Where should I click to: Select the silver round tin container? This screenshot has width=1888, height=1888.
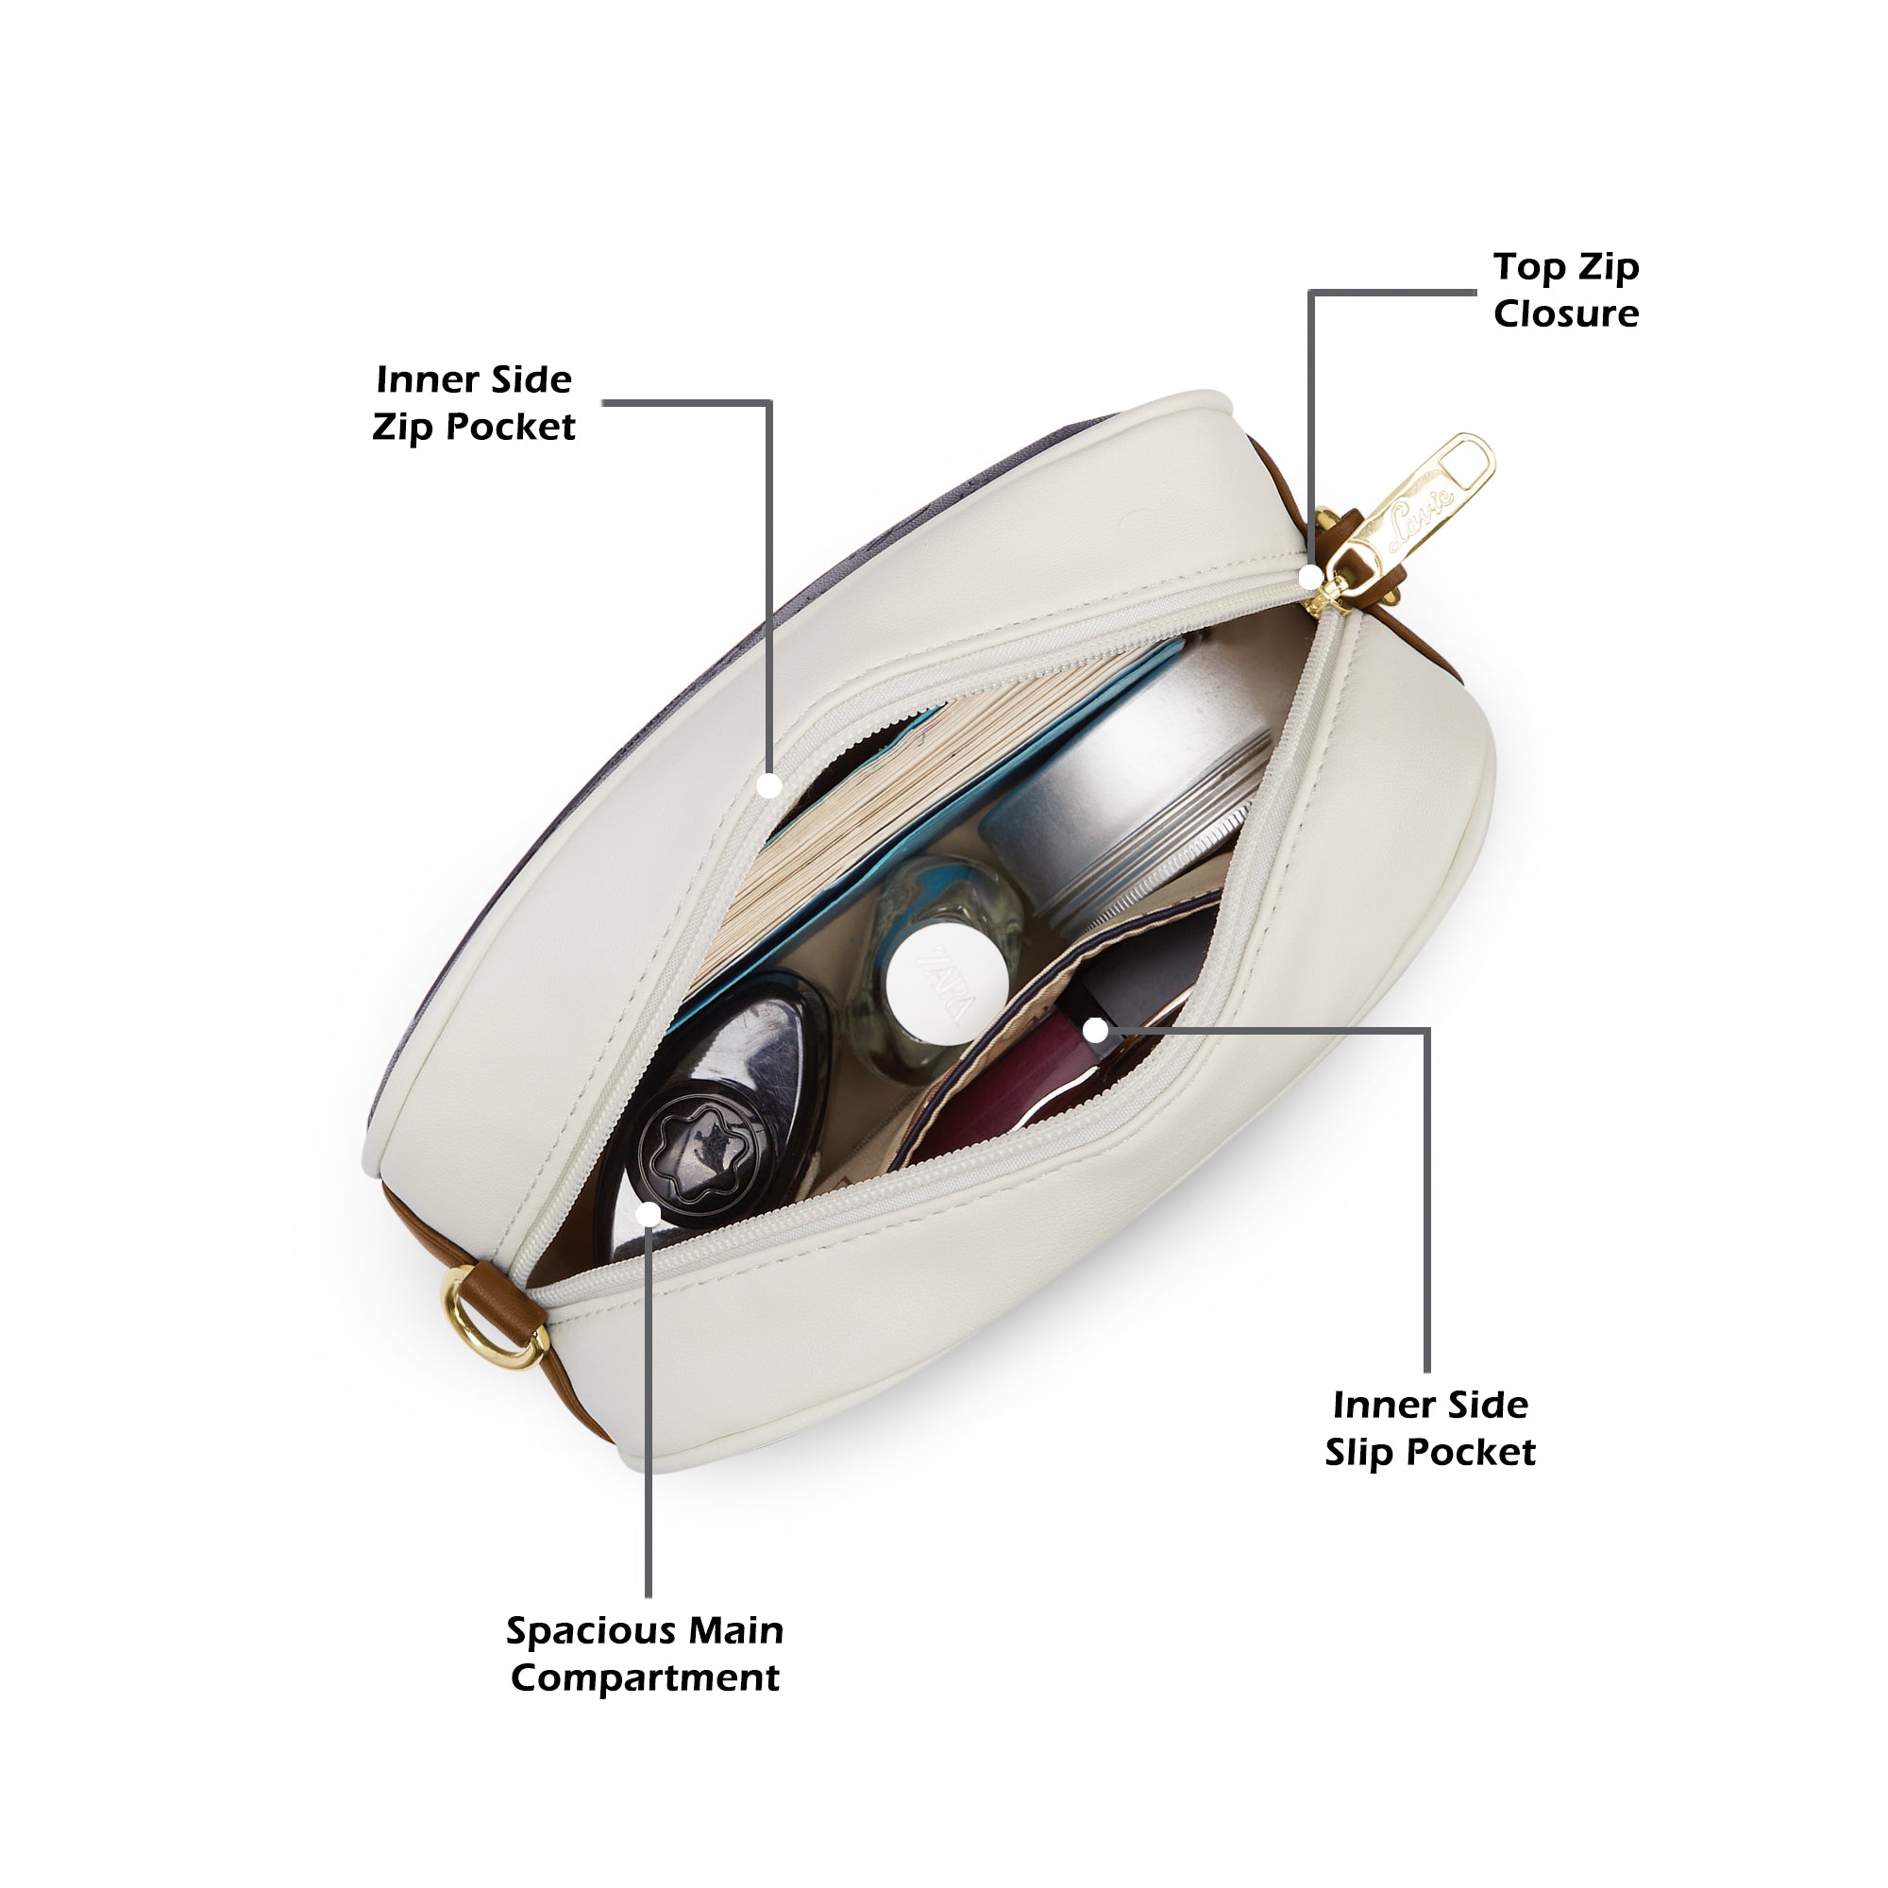[1123, 782]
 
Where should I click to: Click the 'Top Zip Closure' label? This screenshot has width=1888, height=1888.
[1565, 290]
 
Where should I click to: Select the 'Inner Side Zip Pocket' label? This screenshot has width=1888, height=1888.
[473, 403]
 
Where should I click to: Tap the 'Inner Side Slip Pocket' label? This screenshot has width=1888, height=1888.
[1429, 1427]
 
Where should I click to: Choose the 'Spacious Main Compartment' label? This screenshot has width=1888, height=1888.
[645, 1654]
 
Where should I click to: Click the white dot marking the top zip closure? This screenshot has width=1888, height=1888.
[1310, 578]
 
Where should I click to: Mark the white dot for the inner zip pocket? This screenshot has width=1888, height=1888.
[770, 784]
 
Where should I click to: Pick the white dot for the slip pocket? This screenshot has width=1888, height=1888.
[1096, 1030]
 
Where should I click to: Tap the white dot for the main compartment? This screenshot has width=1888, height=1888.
[649, 1215]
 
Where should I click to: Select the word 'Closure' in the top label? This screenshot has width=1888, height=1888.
[1565, 313]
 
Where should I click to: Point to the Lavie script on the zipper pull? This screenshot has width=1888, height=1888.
[1422, 509]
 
